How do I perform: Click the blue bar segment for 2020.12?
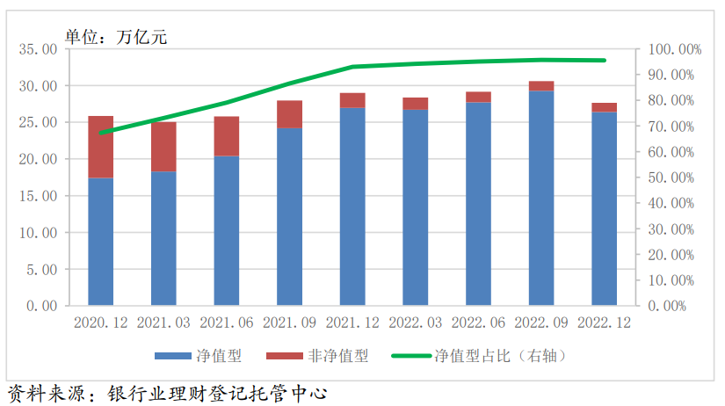(101, 242)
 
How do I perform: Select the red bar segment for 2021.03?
(163, 147)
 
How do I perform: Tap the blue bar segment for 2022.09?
(541, 198)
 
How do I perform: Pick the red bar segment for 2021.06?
(227, 136)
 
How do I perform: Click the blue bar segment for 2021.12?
(352, 207)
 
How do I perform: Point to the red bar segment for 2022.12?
(604, 107)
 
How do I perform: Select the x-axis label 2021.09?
(289, 323)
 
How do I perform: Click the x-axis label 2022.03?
(416, 323)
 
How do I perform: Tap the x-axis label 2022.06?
(478, 323)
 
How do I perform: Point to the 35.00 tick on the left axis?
(36, 49)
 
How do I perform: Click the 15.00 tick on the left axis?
(36, 196)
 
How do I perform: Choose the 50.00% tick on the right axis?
(672, 178)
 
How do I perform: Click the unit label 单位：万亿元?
(115, 36)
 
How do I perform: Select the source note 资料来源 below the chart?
(167, 392)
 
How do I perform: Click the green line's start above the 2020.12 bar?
(101, 133)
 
